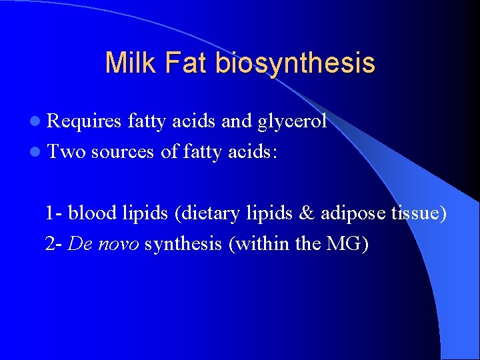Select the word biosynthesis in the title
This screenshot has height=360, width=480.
(x=295, y=63)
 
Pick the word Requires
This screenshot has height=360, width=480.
(x=85, y=121)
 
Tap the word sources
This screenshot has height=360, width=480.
(x=123, y=152)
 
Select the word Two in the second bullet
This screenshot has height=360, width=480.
(x=67, y=152)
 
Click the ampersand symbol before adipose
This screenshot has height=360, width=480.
(x=306, y=213)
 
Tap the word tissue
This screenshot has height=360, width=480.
(x=417, y=213)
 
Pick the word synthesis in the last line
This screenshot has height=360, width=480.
(x=183, y=244)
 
